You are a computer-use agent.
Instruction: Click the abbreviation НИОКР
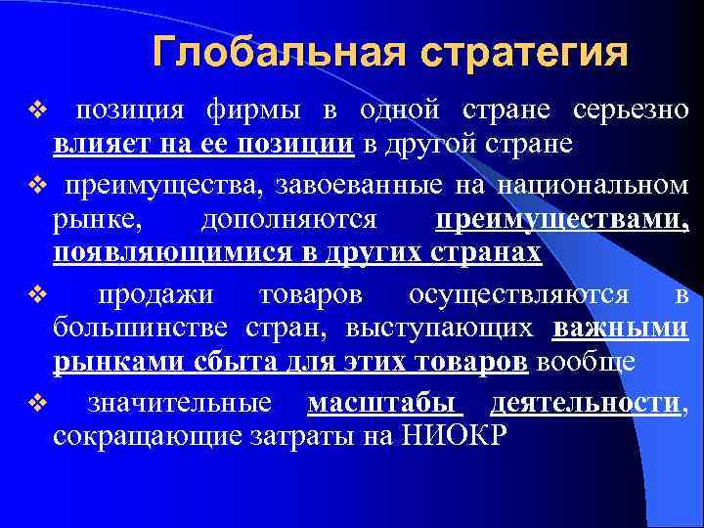(x=454, y=435)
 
